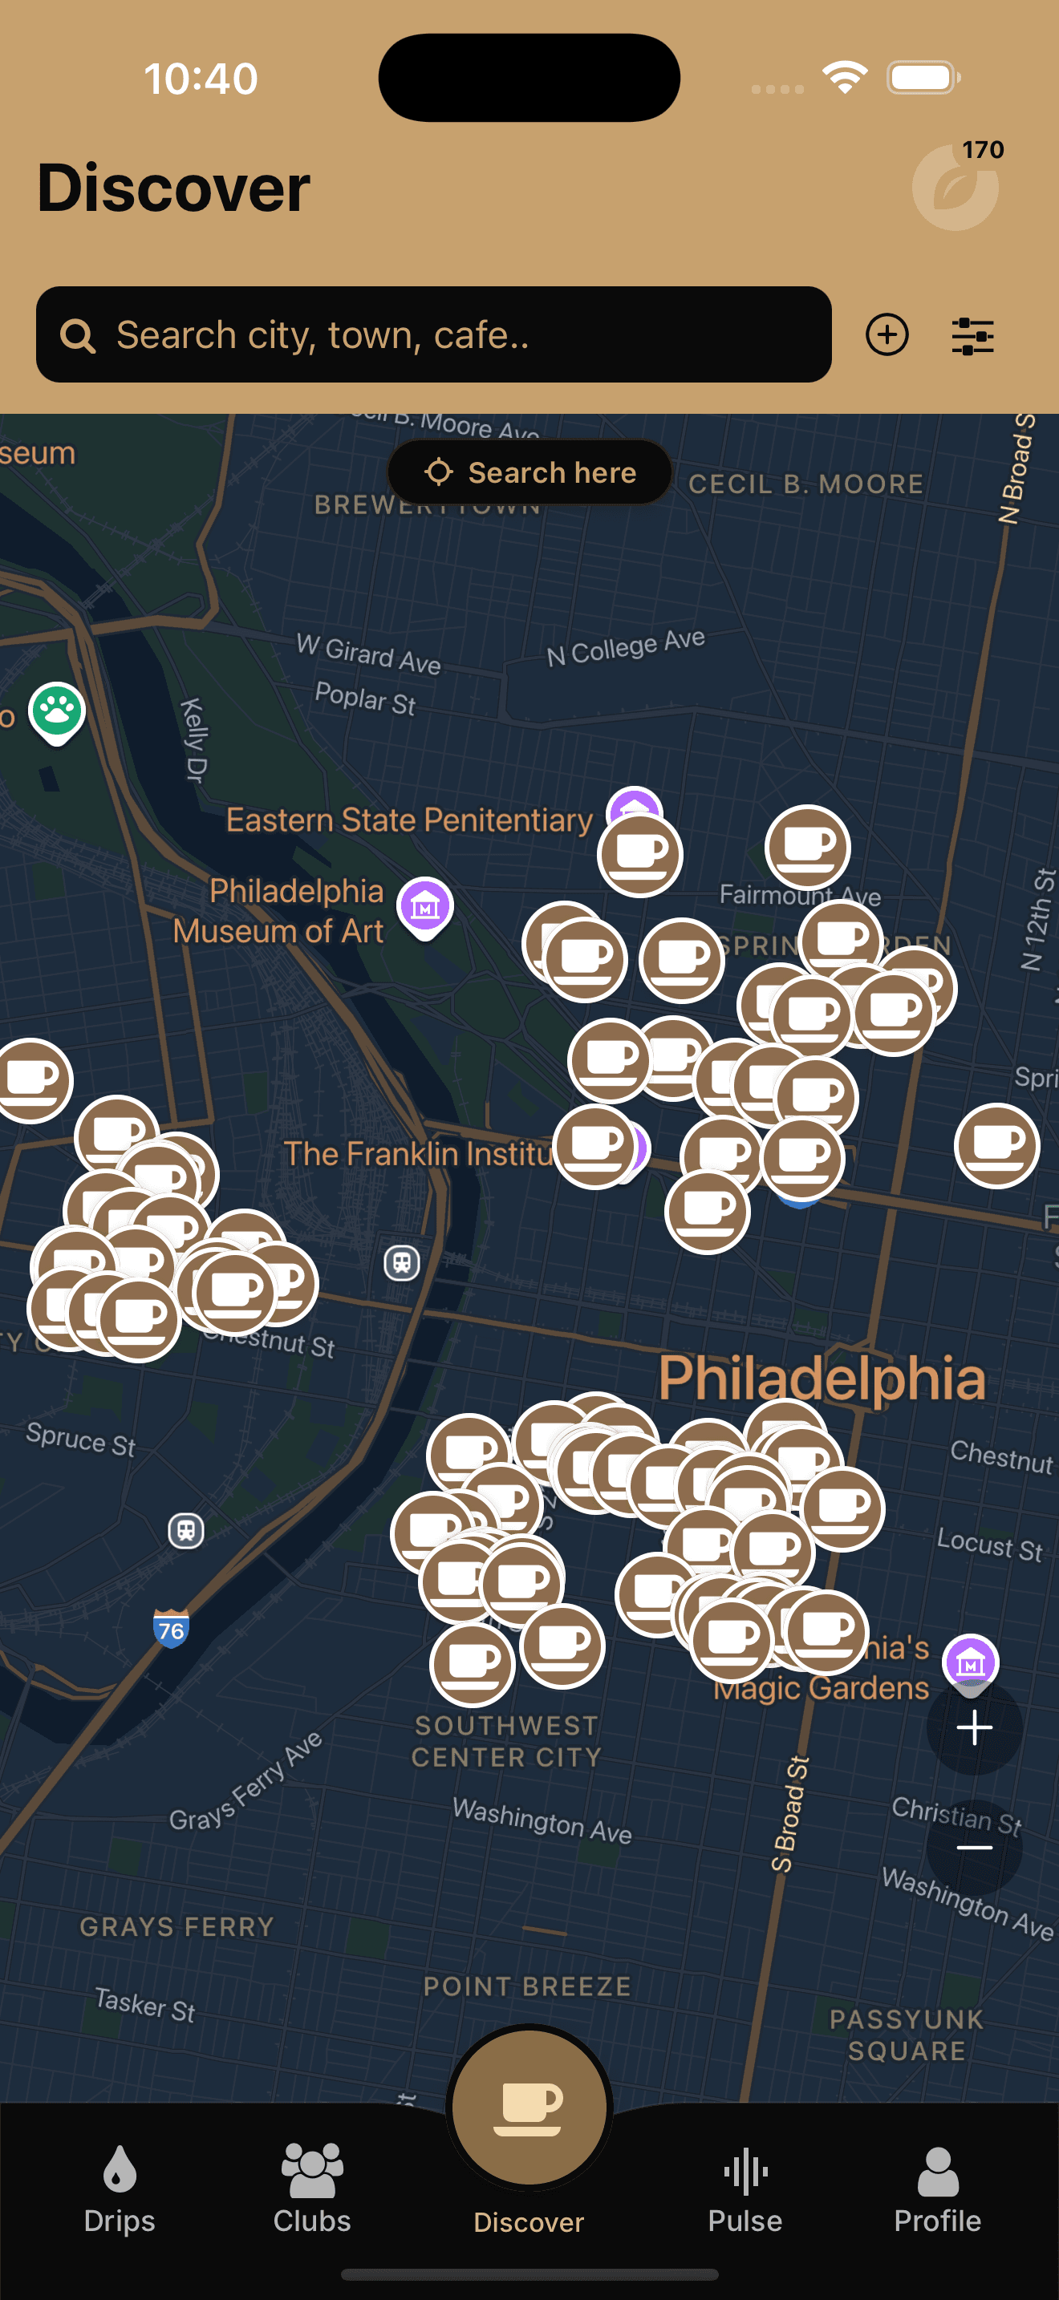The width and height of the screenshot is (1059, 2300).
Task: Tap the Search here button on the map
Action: pyautogui.click(x=529, y=472)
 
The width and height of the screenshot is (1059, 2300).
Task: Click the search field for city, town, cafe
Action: pyautogui.click(x=433, y=335)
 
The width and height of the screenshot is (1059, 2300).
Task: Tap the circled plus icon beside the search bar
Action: pyautogui.click(x=887, y=335)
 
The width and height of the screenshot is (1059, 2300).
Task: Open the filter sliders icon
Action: pyautogui.click(x=972, y=337)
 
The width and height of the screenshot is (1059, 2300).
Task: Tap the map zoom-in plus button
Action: pyautogui.click(x=974, y=1727)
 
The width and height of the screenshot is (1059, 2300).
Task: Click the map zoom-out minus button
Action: pyautogui.click(x=974, y=1848)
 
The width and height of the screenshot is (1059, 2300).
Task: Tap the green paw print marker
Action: pyautogui.click(x=57, y=711)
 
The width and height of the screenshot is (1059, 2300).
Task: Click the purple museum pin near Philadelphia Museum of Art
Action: pyautogui.click(x=425, y=906)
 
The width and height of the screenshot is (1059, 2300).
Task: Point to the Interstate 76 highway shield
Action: pyautogui.click(x=171, y=1630)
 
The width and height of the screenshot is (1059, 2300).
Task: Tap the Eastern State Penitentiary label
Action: pyautogui.click(x=409, y=820)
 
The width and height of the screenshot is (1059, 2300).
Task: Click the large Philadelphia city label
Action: pyautogui.click(x=822, y=1379)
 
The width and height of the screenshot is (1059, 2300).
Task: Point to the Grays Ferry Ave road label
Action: pyautogui.click(x=245, y=1782)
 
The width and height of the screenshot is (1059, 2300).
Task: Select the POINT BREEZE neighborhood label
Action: pyautogui.click(x=527, y=1986)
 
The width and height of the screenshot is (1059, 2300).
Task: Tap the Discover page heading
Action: pyautogui.click(x=173, y=188)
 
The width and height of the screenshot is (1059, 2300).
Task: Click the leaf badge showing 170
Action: pyautogui.click(x=956, y=187)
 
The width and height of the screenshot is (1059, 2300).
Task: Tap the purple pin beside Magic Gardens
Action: pyautogui.click(x=971, y=1661)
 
